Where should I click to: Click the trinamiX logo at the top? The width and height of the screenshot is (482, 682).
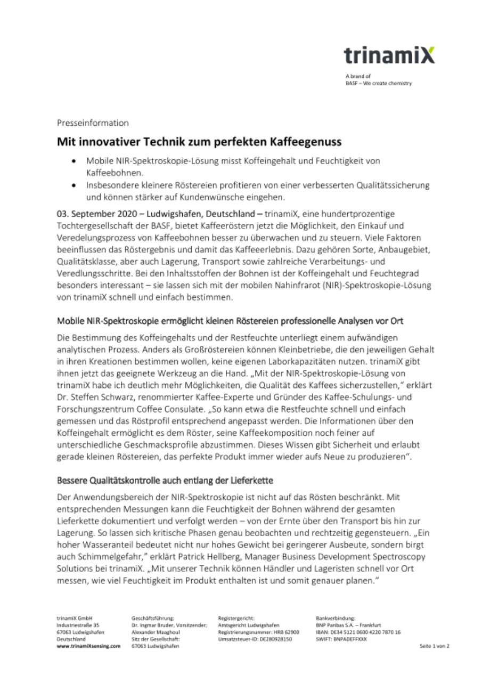coord(389,55)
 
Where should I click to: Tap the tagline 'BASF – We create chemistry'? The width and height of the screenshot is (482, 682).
coord(379,83)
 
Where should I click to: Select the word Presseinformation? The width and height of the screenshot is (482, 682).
coord(93,123)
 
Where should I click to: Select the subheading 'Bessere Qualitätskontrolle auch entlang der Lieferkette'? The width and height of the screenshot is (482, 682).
coord(165,481)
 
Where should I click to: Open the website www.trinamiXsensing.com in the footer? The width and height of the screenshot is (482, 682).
coord(88,646)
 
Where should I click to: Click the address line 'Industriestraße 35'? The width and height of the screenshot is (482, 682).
coord(78,624)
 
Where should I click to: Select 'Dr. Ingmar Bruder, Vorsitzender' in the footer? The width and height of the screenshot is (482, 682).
coord(169,624)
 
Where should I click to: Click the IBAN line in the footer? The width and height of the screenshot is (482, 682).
coord(358,631)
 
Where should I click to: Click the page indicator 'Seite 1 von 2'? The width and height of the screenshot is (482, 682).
coord(435,646)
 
